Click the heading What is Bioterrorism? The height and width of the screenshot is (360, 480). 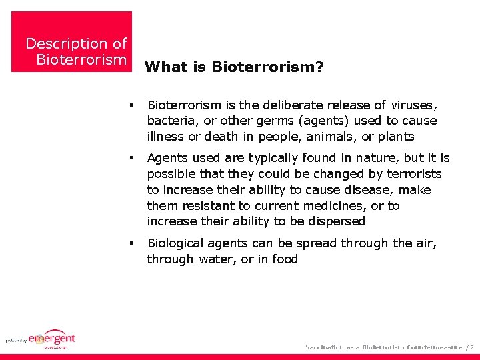(x=234, y=67)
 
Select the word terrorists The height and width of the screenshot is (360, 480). (x=411, y=174)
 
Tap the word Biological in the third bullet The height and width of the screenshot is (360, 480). (x=177, y=243)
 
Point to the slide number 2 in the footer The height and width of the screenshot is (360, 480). (x=472, y=347)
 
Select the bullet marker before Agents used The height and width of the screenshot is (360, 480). (x=133, y=159)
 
